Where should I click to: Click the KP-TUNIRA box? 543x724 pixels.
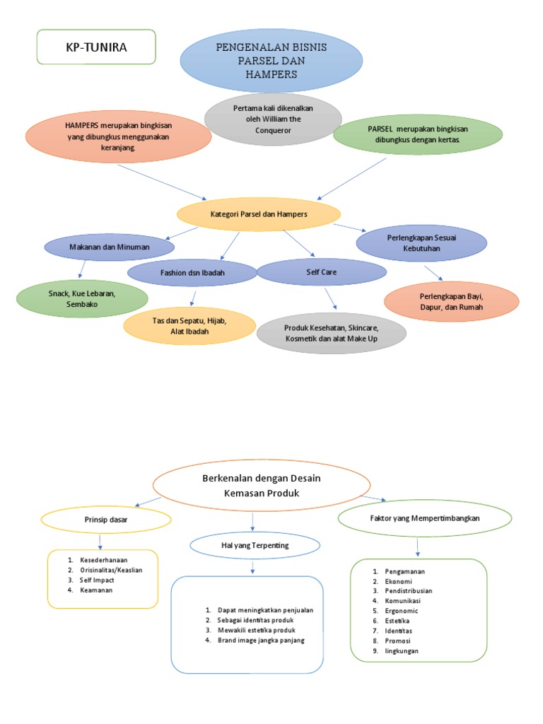point(95,47)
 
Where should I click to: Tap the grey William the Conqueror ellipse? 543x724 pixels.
point(272,119)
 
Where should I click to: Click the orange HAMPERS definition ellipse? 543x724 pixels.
point(118,136)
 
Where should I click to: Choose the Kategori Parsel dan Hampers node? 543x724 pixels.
point(259,214)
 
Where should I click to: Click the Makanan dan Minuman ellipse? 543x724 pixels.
point(110,247)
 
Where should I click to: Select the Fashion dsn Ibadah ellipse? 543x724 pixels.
point(192,272)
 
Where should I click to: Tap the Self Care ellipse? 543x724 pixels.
point(321,271)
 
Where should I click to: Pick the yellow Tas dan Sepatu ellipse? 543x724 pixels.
point(189,326)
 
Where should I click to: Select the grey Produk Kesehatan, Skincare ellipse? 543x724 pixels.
point(332,334)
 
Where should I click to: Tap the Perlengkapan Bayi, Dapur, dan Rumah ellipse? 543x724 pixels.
point(451,301)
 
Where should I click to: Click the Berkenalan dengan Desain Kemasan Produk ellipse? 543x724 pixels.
point(262,485)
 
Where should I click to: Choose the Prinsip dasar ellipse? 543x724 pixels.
point(105,520)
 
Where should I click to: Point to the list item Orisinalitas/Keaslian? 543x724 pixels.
point(107,569)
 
